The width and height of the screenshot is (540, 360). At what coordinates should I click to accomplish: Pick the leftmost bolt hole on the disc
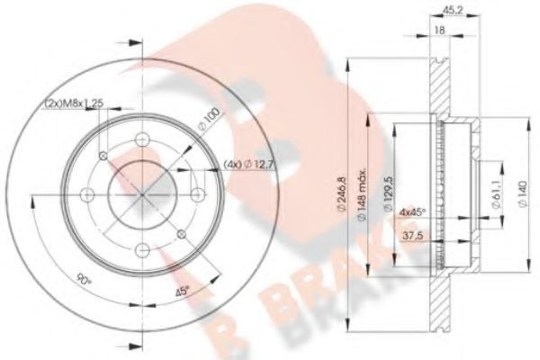point(87,194)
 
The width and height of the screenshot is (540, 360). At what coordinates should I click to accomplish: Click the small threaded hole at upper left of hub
point(103,156)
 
